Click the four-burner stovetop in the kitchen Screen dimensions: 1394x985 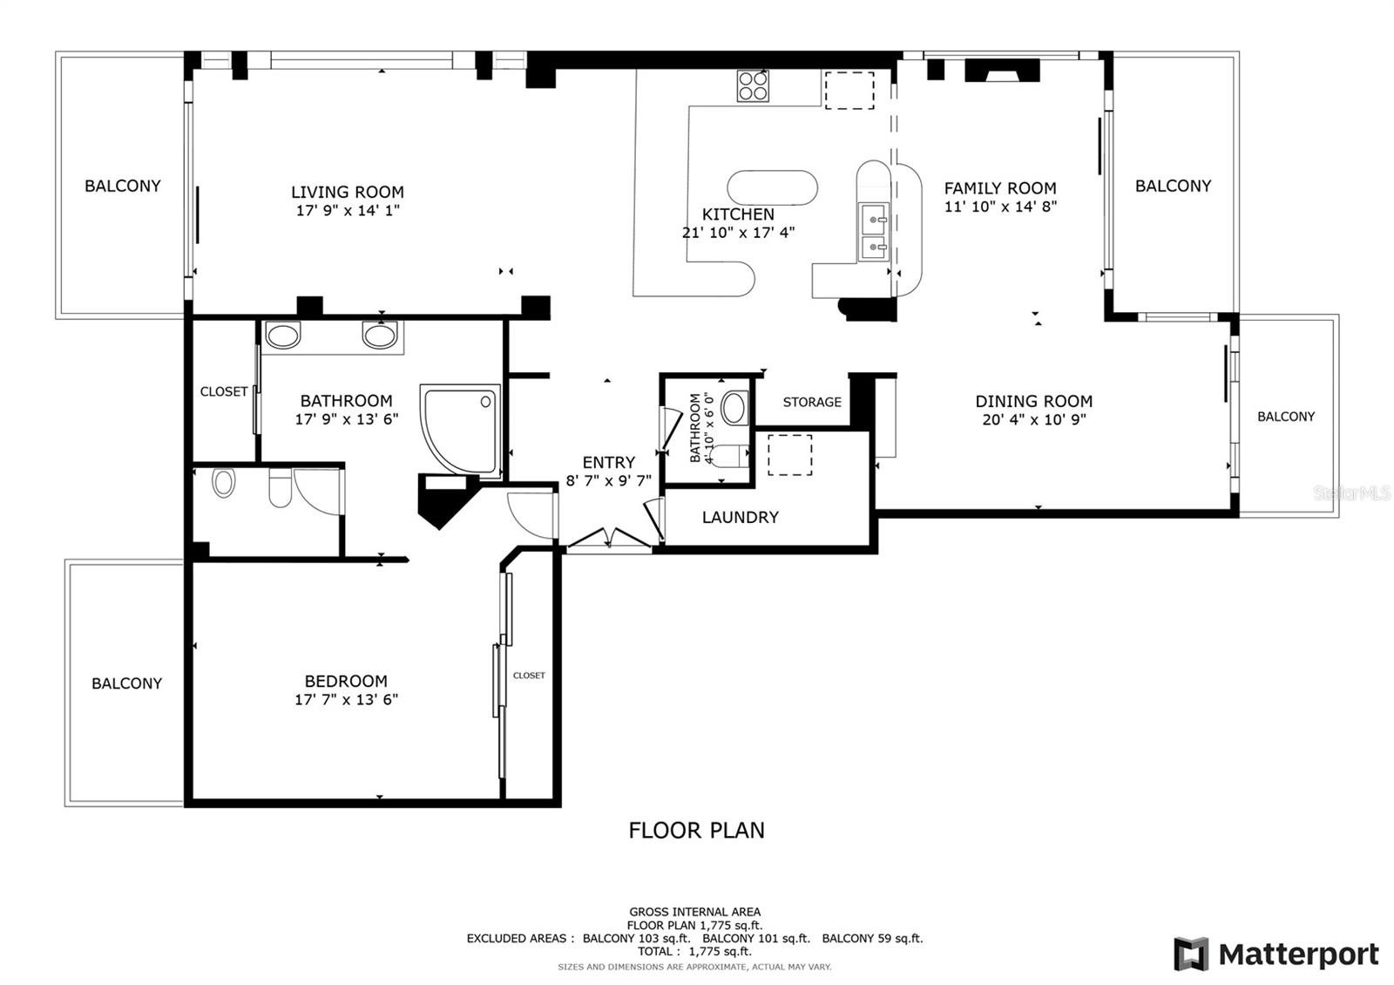pyautogui.click(x=753, y=86)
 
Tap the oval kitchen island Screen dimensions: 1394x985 pyautogui.click(x=772, y=187)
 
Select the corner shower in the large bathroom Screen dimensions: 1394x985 pyautogui.click(x=461, y=431)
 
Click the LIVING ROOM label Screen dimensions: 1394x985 pyautogui.click(x=348, y=192)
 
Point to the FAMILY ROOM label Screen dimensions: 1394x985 pyautogui.click(x=1000, y=188)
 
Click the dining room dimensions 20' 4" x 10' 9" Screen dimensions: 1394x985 pyautogui.click(x=1034, y=419)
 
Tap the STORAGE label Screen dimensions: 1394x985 pyautogui.click(x=812, y=402)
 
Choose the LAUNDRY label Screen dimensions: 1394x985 pyautogui.click(x=741, y=518)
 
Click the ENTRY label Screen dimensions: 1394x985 pyautogui.click(x=609, y=463)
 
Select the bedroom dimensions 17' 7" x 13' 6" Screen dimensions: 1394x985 pyautogui.click(x=347, y=699)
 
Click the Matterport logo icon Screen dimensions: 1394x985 pyautogui.click(x=1191, y=954)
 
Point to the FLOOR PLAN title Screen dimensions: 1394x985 pyautogui.click(x=696, y=830)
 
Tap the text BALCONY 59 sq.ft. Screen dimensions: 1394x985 pyautogui.click(x=872, y=938)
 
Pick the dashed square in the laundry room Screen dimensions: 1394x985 pyautogui.click(x=789, y=455)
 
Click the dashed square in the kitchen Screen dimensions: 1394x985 pyautogui.click(x=849, y=91)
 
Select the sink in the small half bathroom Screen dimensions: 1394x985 pyautogui.click(x=735, y=408)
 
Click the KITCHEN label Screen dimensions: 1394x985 pyautogui.click(x=738, y=214)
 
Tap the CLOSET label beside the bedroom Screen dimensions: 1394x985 pyautogui.click(x=529, y=676)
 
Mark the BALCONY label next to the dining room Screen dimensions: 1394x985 pyautogui.click(x=1286, y=417)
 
